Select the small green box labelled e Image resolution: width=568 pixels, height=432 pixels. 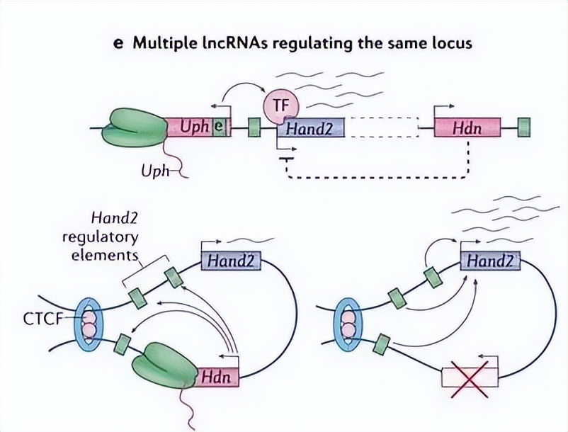(221, 128)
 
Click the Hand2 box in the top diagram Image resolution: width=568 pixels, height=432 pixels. (311, 128)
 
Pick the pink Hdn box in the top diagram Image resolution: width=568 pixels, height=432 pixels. (467, 128)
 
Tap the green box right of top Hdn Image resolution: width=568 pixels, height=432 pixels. (524, 127)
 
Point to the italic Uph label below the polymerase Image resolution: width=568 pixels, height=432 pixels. (155, 171)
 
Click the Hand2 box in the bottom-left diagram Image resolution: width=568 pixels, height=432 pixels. (231, 261)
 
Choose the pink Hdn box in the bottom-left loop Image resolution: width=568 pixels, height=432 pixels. (218, 375)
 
